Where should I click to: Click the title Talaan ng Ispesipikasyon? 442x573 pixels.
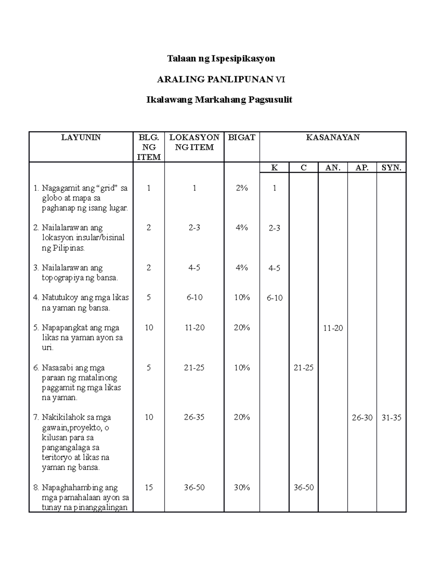click(x=221, y=59)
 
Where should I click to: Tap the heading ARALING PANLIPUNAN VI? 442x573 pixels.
click(x=221, y=79)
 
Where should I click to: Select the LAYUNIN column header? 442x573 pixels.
click(x=81, y=138)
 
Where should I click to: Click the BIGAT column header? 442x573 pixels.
click(x=242, y=138)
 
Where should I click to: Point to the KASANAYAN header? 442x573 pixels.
click(x=333, y=138)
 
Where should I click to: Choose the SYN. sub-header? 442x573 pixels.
click(x=391, y=168)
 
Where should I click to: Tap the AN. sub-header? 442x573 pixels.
click(x=333, y=168)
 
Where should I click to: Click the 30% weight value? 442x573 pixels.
click(x=242, y=487)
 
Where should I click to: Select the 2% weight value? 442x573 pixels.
click(x=242, y=188)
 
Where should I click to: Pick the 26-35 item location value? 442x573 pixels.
click(x=194, y=417)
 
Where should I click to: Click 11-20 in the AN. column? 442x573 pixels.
click(x=333, y=328)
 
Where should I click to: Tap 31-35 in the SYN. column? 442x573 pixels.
click(x=391, y=418)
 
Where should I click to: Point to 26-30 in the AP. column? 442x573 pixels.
click(x=362, y=418)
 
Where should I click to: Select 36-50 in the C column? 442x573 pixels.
click(x=304, y=487)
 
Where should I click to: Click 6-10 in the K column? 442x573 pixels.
click(x=274, y=298)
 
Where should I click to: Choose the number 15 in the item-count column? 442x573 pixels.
click(x=148, y=487)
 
